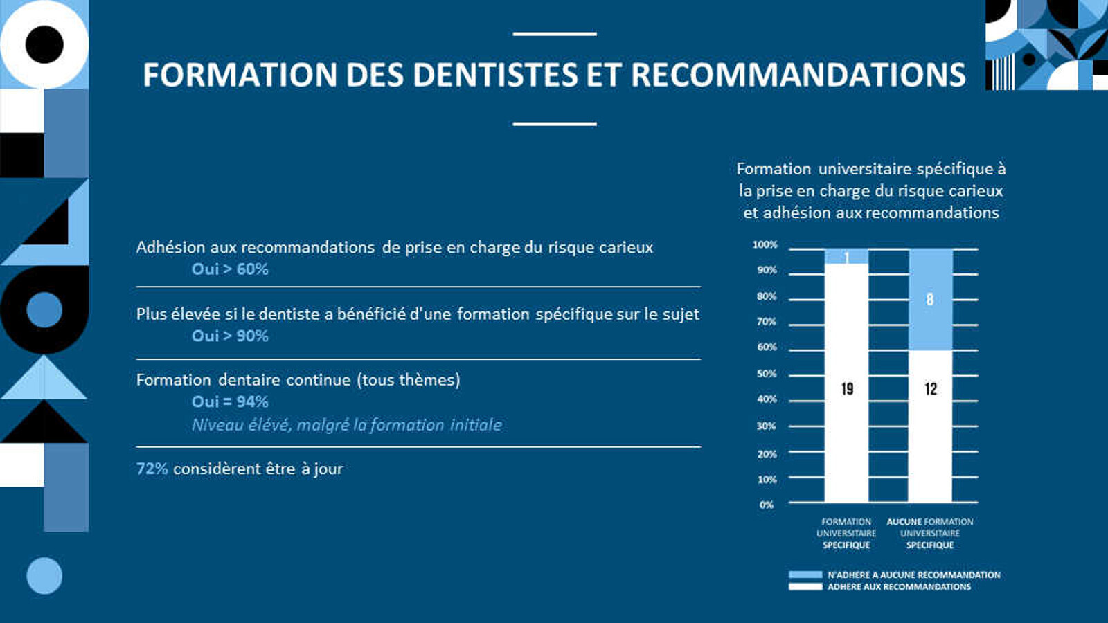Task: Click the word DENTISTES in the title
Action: (495, 75)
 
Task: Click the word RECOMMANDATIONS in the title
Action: (798, 75)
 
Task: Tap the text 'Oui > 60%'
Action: (230, 269)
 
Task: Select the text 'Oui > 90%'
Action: (230, 336)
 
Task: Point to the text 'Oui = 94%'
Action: (230, 402)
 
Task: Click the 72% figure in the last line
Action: (152, 469)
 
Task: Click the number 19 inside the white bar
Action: (847, 389)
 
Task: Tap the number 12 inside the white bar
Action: (931, 389)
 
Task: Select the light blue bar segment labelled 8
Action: (931, 300)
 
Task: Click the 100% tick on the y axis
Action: (765, 245)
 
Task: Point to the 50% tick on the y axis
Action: (767, 374)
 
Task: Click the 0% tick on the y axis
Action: (766, 505)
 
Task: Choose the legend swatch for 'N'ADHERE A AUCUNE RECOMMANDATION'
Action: (805, 575)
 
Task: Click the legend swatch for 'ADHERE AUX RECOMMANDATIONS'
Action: (805, 587)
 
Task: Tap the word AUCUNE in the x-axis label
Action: (904, 522)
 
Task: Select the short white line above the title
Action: (555, 34)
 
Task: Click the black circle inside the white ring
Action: (44, 44)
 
